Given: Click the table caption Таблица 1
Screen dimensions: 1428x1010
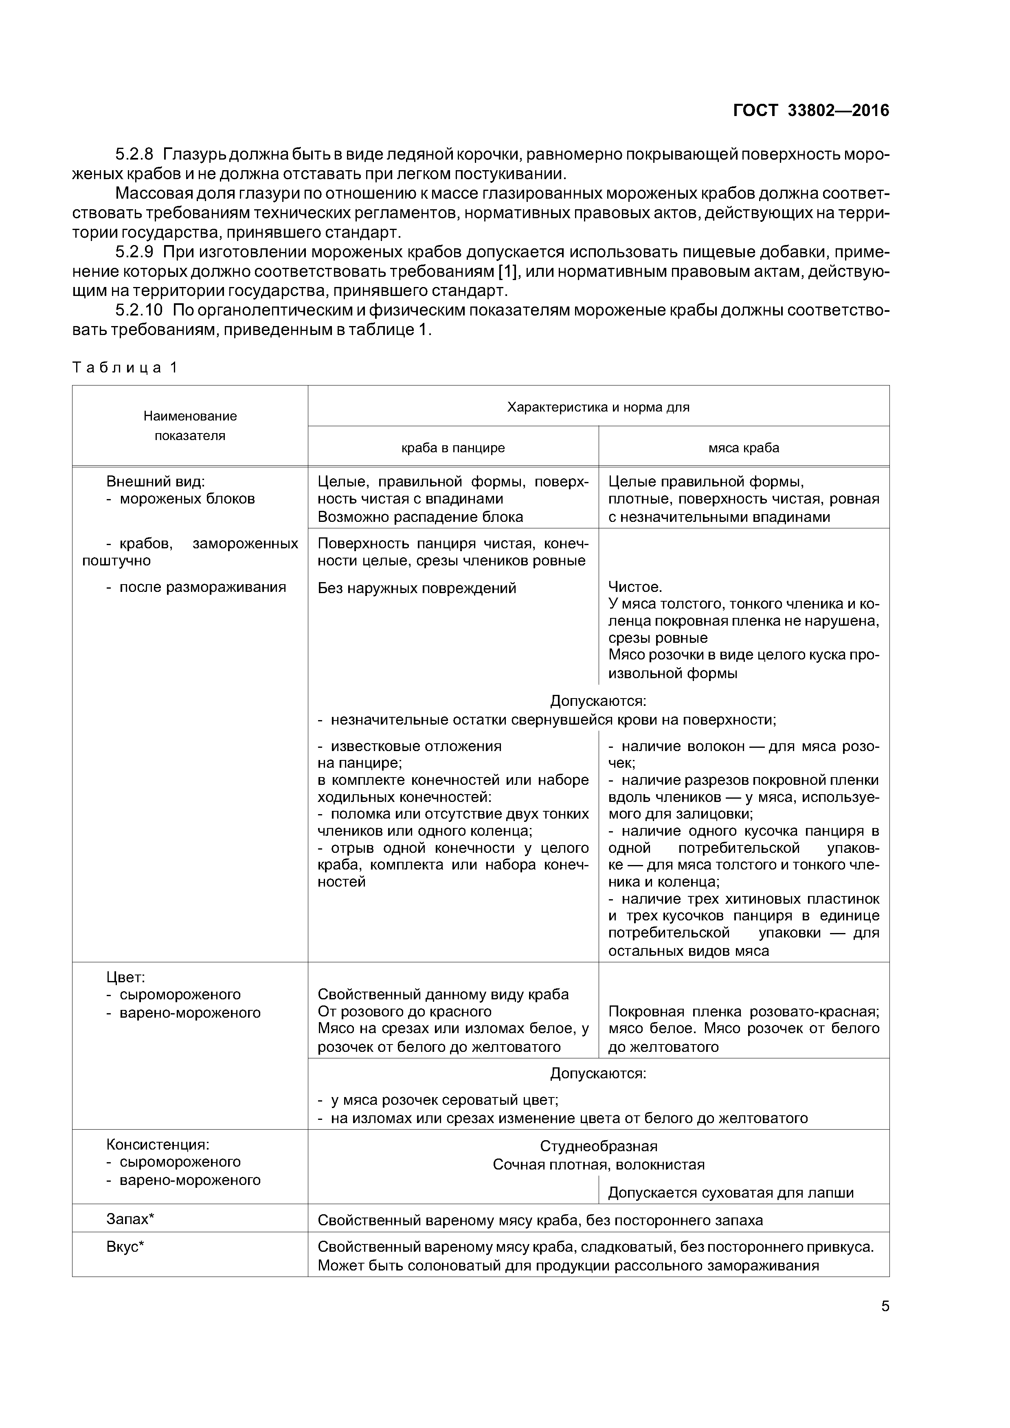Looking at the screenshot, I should pos(125,368).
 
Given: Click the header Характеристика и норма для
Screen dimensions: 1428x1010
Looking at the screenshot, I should pos(598,407).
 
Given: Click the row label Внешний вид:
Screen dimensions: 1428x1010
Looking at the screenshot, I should pos(155,482).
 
